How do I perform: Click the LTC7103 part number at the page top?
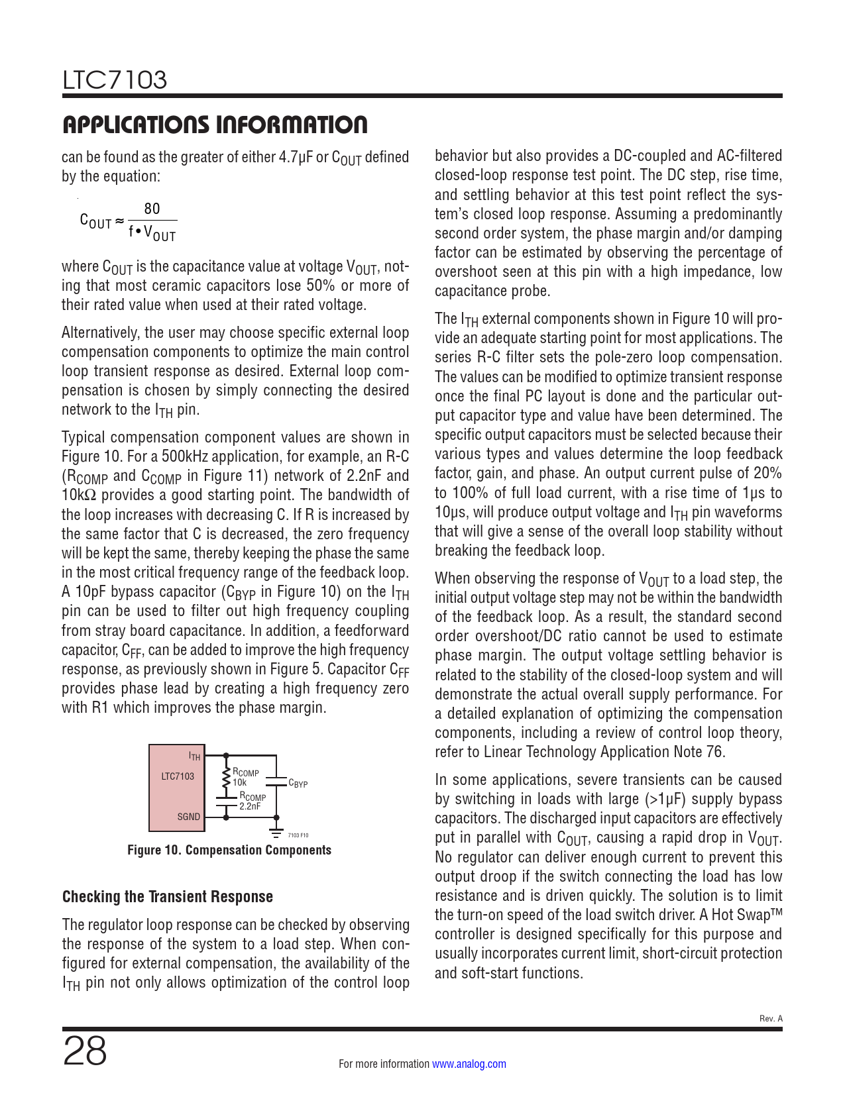coord(115,80)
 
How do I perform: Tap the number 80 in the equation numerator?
coord(152,209)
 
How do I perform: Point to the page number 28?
coord(85,1052)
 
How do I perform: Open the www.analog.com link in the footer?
coord(469,1064)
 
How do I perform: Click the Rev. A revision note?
coord(770,1019)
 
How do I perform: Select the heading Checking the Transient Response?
coord(168,897)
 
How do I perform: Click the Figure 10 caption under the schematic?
coord(229,850)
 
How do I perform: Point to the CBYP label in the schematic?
coord(298,784)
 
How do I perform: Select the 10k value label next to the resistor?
coord(239,782)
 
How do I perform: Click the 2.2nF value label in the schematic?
coord(250,806)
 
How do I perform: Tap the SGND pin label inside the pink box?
coord(188,817)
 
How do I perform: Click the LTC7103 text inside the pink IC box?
coord(178,776)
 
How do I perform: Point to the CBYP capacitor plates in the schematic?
coord(276,780)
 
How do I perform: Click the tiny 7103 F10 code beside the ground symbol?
coord(298,835)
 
